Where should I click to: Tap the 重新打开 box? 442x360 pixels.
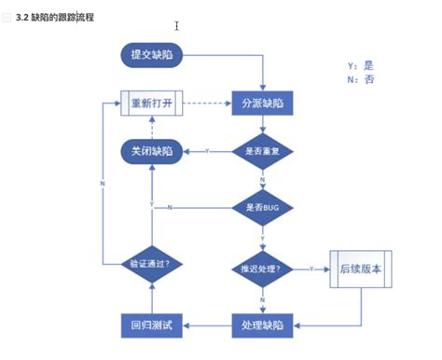tap(152, 103)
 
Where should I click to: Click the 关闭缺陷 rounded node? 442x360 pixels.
tap(152, 150)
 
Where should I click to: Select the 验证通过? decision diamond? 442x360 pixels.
tap(152, 263)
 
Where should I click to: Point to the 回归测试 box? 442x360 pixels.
tap(152, 325)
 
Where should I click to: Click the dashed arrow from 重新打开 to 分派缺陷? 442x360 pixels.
tap(207, 103)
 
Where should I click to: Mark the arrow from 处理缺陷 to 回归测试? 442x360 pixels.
tap(207, 325)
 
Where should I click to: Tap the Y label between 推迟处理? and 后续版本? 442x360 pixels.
tap(311, 269)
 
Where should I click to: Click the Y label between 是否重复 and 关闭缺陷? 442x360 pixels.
tap(207, 150)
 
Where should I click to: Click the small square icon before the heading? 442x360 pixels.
tap(7, 18)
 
